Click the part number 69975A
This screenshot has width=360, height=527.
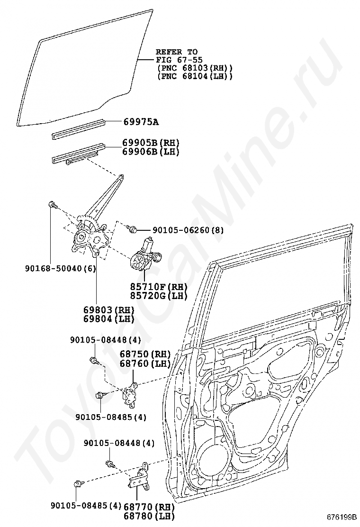click(141, 122)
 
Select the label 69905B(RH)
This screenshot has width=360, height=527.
click(144, 143)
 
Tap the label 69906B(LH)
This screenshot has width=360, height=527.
click(144, 151)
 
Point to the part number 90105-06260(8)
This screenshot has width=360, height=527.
click(188, 230)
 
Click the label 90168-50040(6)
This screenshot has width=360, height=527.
click(61, 268)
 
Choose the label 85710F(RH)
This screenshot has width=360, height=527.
click(153, 287)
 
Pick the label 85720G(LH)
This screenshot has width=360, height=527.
click(153, 296)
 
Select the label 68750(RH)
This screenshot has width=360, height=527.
click(145, 354)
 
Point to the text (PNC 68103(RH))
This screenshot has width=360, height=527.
click(194, 68)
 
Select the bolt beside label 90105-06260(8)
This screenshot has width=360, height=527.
click(133, 229)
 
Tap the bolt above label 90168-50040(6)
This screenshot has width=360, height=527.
click(53, 206)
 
